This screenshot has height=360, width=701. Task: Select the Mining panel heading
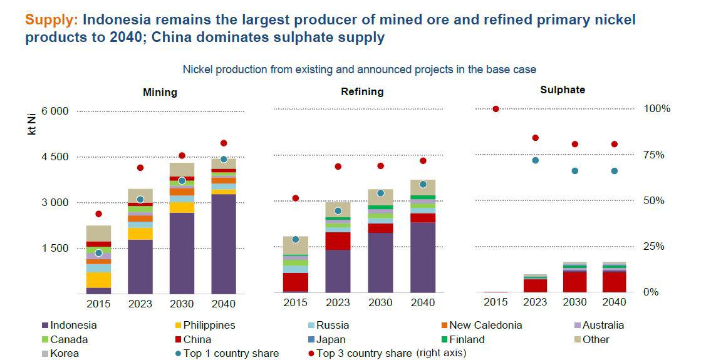click(160, 92)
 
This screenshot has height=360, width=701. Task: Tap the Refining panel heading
click(362, 91)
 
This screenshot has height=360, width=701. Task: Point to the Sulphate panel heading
click(563, 90)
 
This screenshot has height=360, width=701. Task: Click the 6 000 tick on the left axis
click(55, 111)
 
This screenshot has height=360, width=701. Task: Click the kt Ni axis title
click(31, 124)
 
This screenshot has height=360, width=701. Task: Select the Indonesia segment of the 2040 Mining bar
click(224, 244)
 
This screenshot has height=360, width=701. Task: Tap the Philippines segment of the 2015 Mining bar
click(98, 280)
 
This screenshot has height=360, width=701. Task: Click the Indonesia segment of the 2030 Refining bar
click(380, 263)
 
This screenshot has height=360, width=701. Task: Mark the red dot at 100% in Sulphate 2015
click(496, 109)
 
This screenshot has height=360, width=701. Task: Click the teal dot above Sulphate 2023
click(535, 160)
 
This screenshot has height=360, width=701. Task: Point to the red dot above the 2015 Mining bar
click(98, 214)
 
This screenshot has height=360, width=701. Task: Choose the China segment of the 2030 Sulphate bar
click(574, 282)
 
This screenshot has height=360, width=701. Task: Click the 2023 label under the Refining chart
click(338, 303)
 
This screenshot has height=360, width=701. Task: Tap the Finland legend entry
click(463, 339)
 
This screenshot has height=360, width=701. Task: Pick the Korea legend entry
click(65, 354)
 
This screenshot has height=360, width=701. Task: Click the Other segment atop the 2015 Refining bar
click(296, 245)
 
